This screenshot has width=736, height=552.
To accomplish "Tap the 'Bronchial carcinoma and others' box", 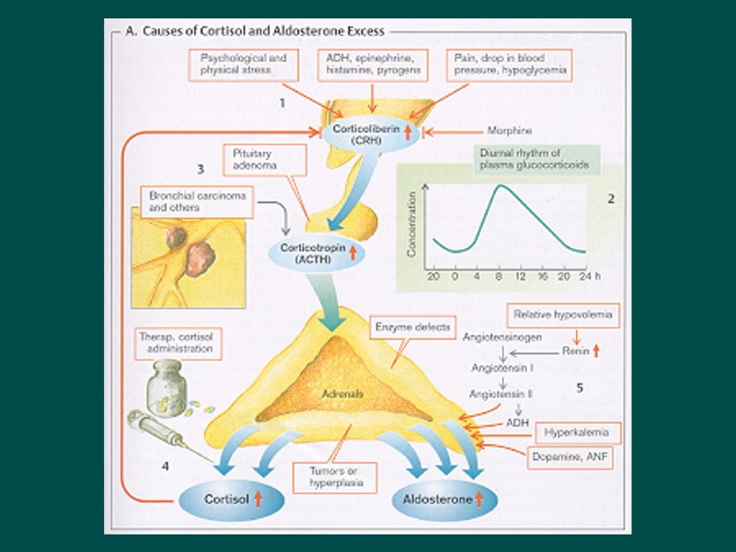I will [x=191, y=202].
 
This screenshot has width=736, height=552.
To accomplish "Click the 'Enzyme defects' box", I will [x=401, y=327].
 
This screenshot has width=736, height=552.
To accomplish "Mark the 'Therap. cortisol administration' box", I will [x=178, y=343].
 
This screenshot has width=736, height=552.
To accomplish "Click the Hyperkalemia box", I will [x=569, y=431].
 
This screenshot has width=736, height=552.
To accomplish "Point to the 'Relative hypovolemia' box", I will [x=563, y=315].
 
